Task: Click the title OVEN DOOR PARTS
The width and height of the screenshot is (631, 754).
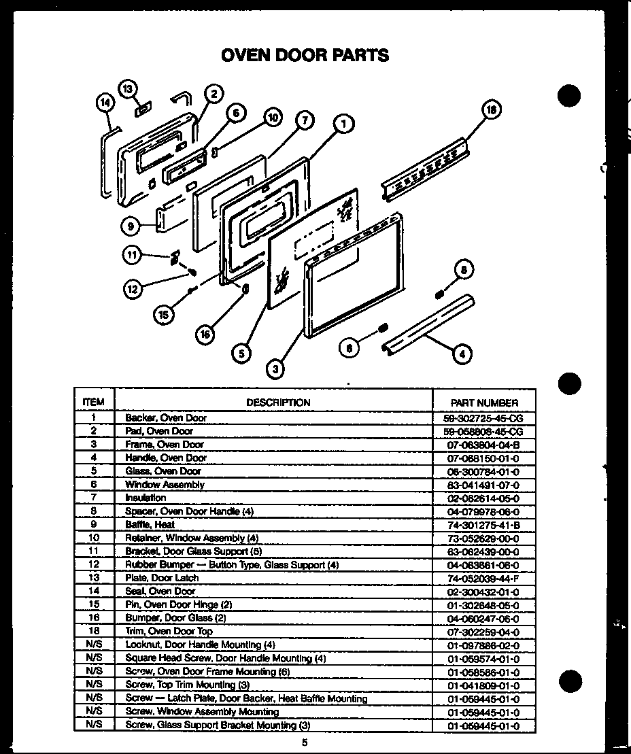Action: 305,55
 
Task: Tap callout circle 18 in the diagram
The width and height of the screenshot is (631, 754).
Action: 492,111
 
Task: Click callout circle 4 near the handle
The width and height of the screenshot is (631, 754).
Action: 462,353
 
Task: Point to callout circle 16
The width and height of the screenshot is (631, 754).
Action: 206,334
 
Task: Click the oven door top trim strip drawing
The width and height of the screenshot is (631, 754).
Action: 426,170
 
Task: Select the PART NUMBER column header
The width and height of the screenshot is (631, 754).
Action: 484,402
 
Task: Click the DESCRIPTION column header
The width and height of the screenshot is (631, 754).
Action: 278,402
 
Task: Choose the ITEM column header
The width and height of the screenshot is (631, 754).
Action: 93,402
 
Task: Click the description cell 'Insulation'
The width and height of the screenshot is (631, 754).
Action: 146,498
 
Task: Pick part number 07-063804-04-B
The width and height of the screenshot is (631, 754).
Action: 483,445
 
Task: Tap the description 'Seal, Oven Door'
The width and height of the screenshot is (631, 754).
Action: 160,592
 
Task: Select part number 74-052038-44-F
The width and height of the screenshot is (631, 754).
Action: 483,578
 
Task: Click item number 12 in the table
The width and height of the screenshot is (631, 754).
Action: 94,564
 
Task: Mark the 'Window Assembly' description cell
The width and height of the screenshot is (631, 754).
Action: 165,485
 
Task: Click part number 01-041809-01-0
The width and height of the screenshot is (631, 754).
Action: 483,685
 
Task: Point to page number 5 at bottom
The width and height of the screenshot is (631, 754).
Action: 305,742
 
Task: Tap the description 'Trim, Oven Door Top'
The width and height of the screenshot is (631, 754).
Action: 169,632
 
